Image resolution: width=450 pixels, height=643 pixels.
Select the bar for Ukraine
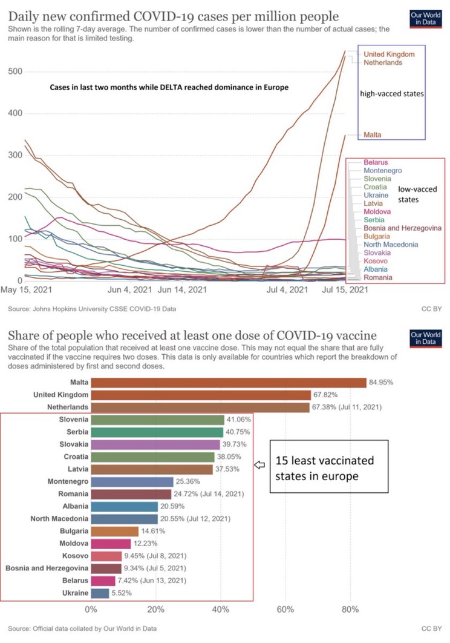click(100, 594)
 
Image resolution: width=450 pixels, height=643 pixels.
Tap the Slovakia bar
click(155, 445)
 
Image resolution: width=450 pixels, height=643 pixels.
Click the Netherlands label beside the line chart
click(383, 62)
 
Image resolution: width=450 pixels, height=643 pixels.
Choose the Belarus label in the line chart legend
click(376, 162)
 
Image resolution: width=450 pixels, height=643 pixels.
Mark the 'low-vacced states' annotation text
click(417, 194)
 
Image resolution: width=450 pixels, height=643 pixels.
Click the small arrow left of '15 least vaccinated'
click(259, 465)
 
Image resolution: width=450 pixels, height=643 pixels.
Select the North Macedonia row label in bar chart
click(59, 519)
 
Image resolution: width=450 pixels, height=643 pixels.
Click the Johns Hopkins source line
click(92, 309)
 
